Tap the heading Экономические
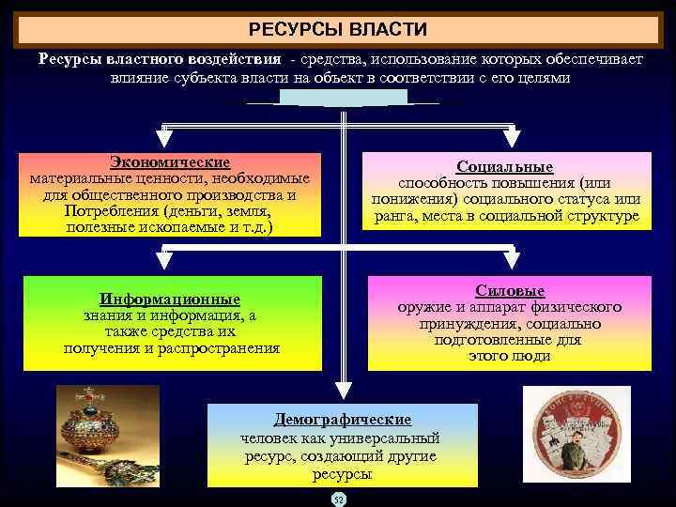click(170, 162)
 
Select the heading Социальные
click(505, 166)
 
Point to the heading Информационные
click(171, 300)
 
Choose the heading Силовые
click(510, 292)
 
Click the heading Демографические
click(342, 420)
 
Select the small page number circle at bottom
click(339, 499)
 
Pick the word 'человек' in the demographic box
click(269, 438)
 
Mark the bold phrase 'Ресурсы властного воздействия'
click(160, 58)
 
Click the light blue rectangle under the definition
click(343, 98)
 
